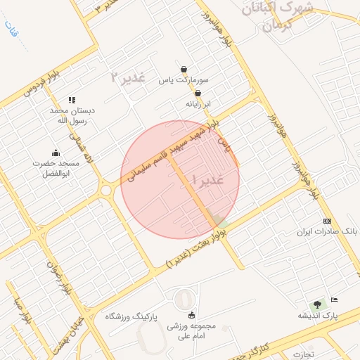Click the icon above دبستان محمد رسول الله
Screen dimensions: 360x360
tap(72, 101)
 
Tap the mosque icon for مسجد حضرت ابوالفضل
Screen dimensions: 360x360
tap(56, 153)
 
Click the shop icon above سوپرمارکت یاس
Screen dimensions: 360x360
tap(184, 70)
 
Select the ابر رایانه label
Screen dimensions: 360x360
tap(198, 104)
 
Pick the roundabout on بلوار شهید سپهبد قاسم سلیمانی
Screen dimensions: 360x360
tap(106, 190)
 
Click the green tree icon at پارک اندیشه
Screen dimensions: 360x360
tap(318, 304)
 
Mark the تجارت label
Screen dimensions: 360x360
tap(304, 354)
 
